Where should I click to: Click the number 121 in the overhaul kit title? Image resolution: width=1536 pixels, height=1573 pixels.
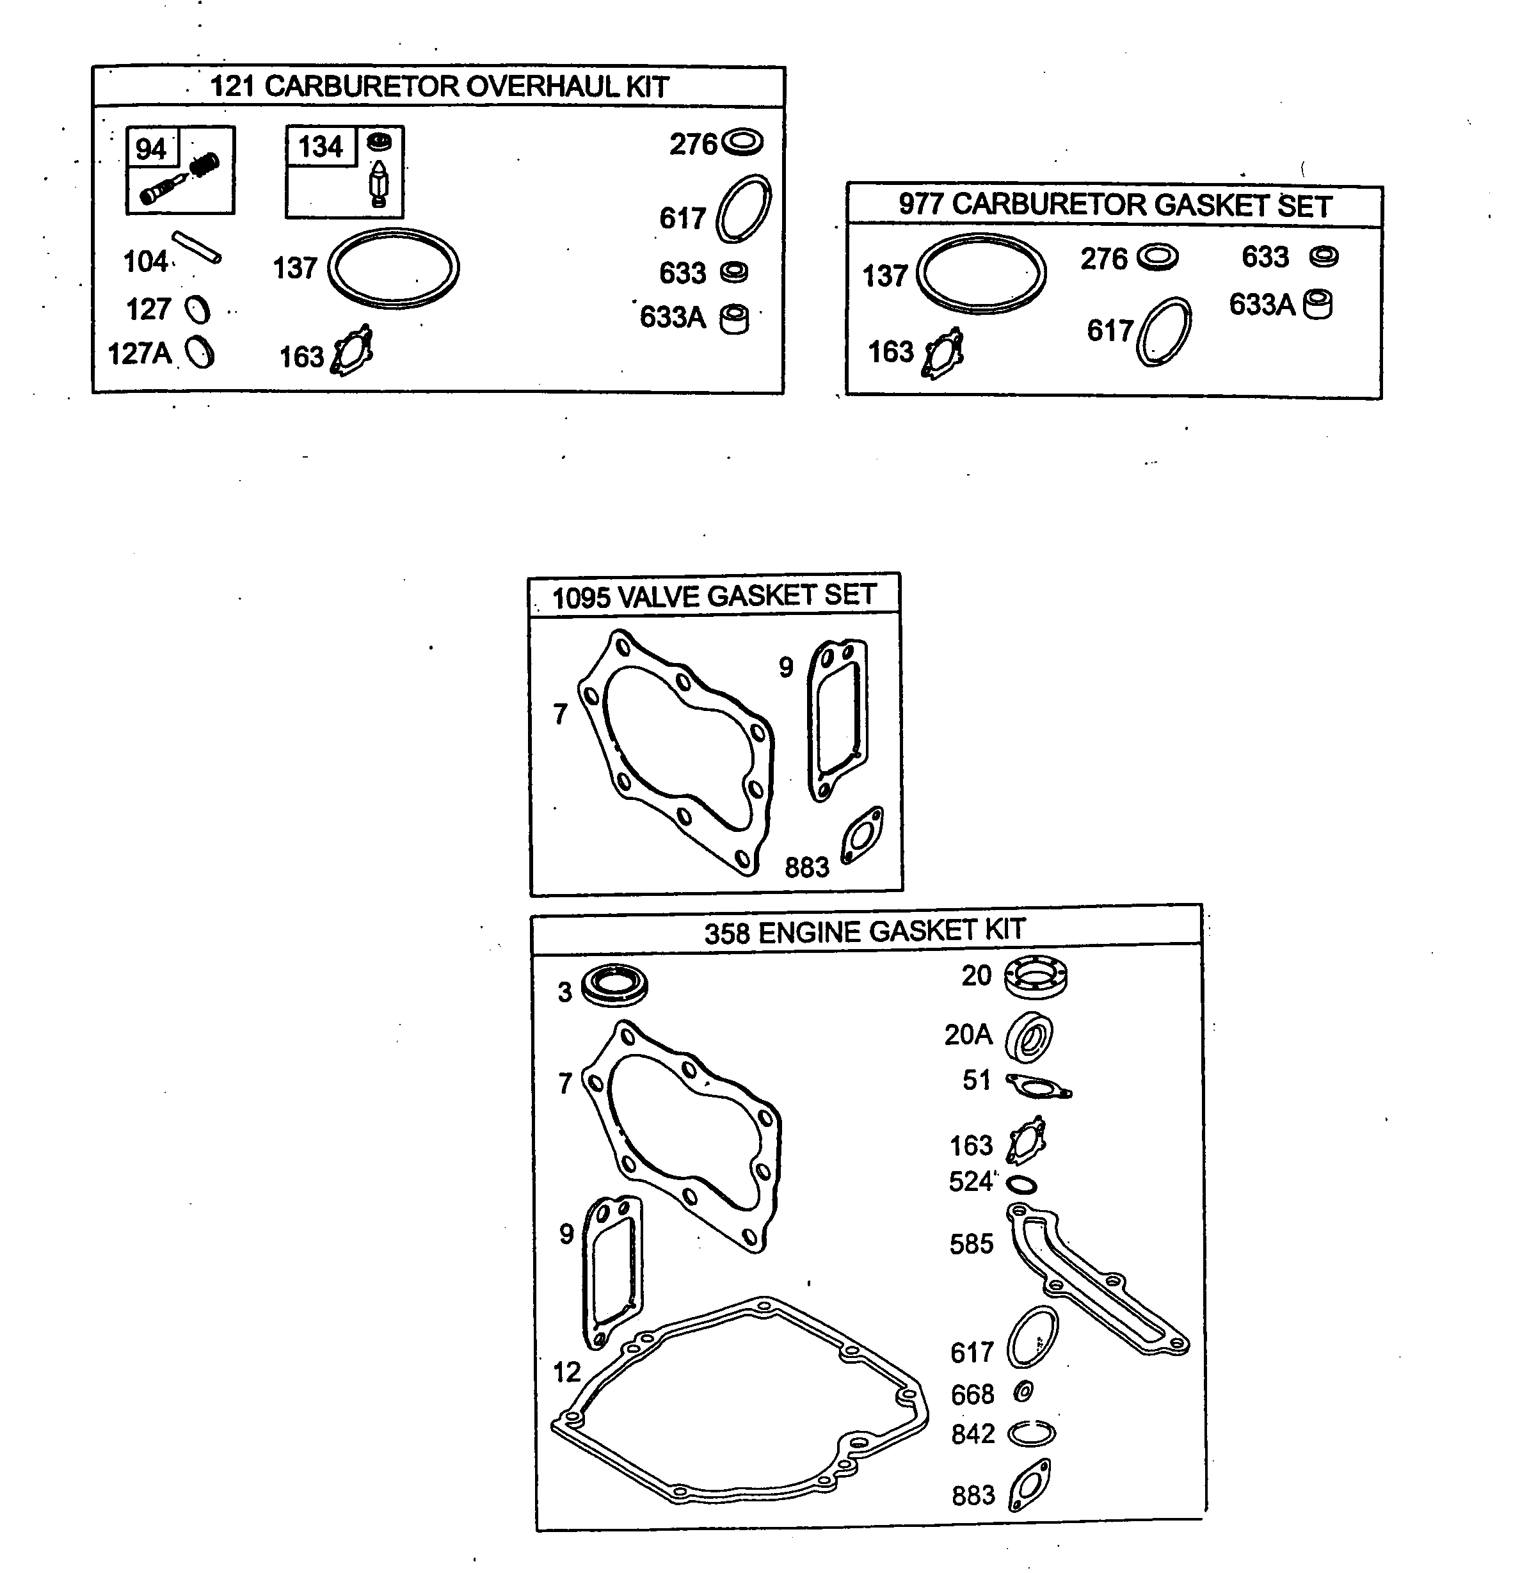[x=232, y=86]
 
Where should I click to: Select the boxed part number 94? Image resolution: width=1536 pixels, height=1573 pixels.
[x=151, y=148]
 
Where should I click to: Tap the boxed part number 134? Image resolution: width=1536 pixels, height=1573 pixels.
[x=320, y=147]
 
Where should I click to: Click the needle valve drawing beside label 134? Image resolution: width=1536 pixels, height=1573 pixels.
[x=378, y=183]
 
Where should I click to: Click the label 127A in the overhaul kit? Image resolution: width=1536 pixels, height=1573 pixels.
[x=140, y=353]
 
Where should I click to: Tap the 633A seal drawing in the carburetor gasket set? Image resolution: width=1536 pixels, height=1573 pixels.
[x=1318, y=304]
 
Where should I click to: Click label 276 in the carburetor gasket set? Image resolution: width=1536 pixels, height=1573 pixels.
[x=1103, y=259]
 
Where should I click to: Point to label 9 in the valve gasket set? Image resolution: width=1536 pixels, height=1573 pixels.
[x=786, y=667]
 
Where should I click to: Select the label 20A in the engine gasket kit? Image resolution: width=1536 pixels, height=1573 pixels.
[x=968, y=1034]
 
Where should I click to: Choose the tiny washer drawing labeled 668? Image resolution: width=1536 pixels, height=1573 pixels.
[x=1023, y=1391]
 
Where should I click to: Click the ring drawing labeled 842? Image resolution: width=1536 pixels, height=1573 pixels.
[x=1032, y=1433]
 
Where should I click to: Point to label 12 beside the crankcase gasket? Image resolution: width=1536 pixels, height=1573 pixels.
[x=567, y=1371]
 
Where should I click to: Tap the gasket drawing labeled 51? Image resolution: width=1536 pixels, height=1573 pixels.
[x=1037, y=1087]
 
